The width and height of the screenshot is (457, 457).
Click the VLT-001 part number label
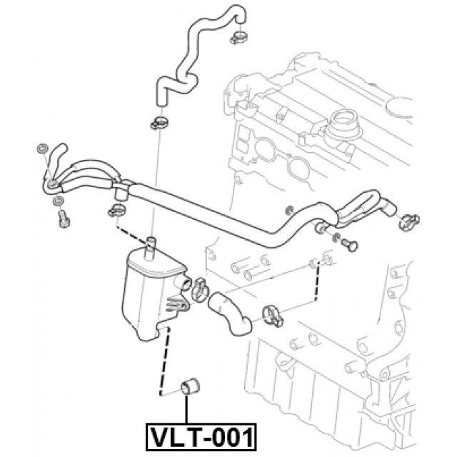tap(201, 435)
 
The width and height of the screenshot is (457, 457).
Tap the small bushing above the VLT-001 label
tap(191, 385)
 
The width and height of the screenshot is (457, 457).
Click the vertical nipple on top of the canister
tap(151, 244)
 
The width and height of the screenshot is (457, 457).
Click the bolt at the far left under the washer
tap(63, 219)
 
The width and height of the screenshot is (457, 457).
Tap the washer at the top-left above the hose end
tap(41, 149)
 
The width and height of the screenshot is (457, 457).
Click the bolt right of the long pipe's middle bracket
tap(350, 243)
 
